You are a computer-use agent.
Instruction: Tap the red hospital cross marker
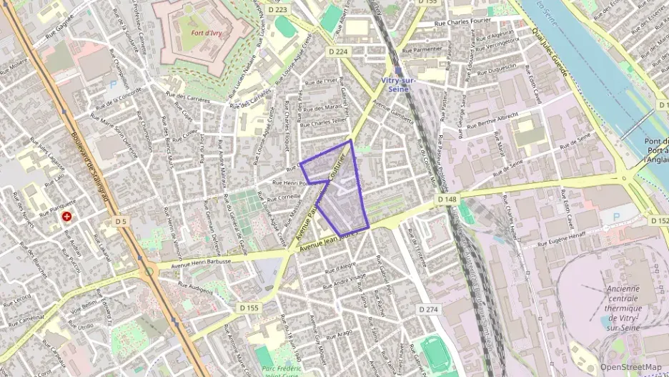[66, 215]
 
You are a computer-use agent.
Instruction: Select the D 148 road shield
[447, 199]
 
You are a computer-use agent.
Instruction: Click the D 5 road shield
[120, 222]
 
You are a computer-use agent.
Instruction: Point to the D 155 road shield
[249, 307]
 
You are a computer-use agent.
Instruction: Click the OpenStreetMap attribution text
[630, 368]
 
